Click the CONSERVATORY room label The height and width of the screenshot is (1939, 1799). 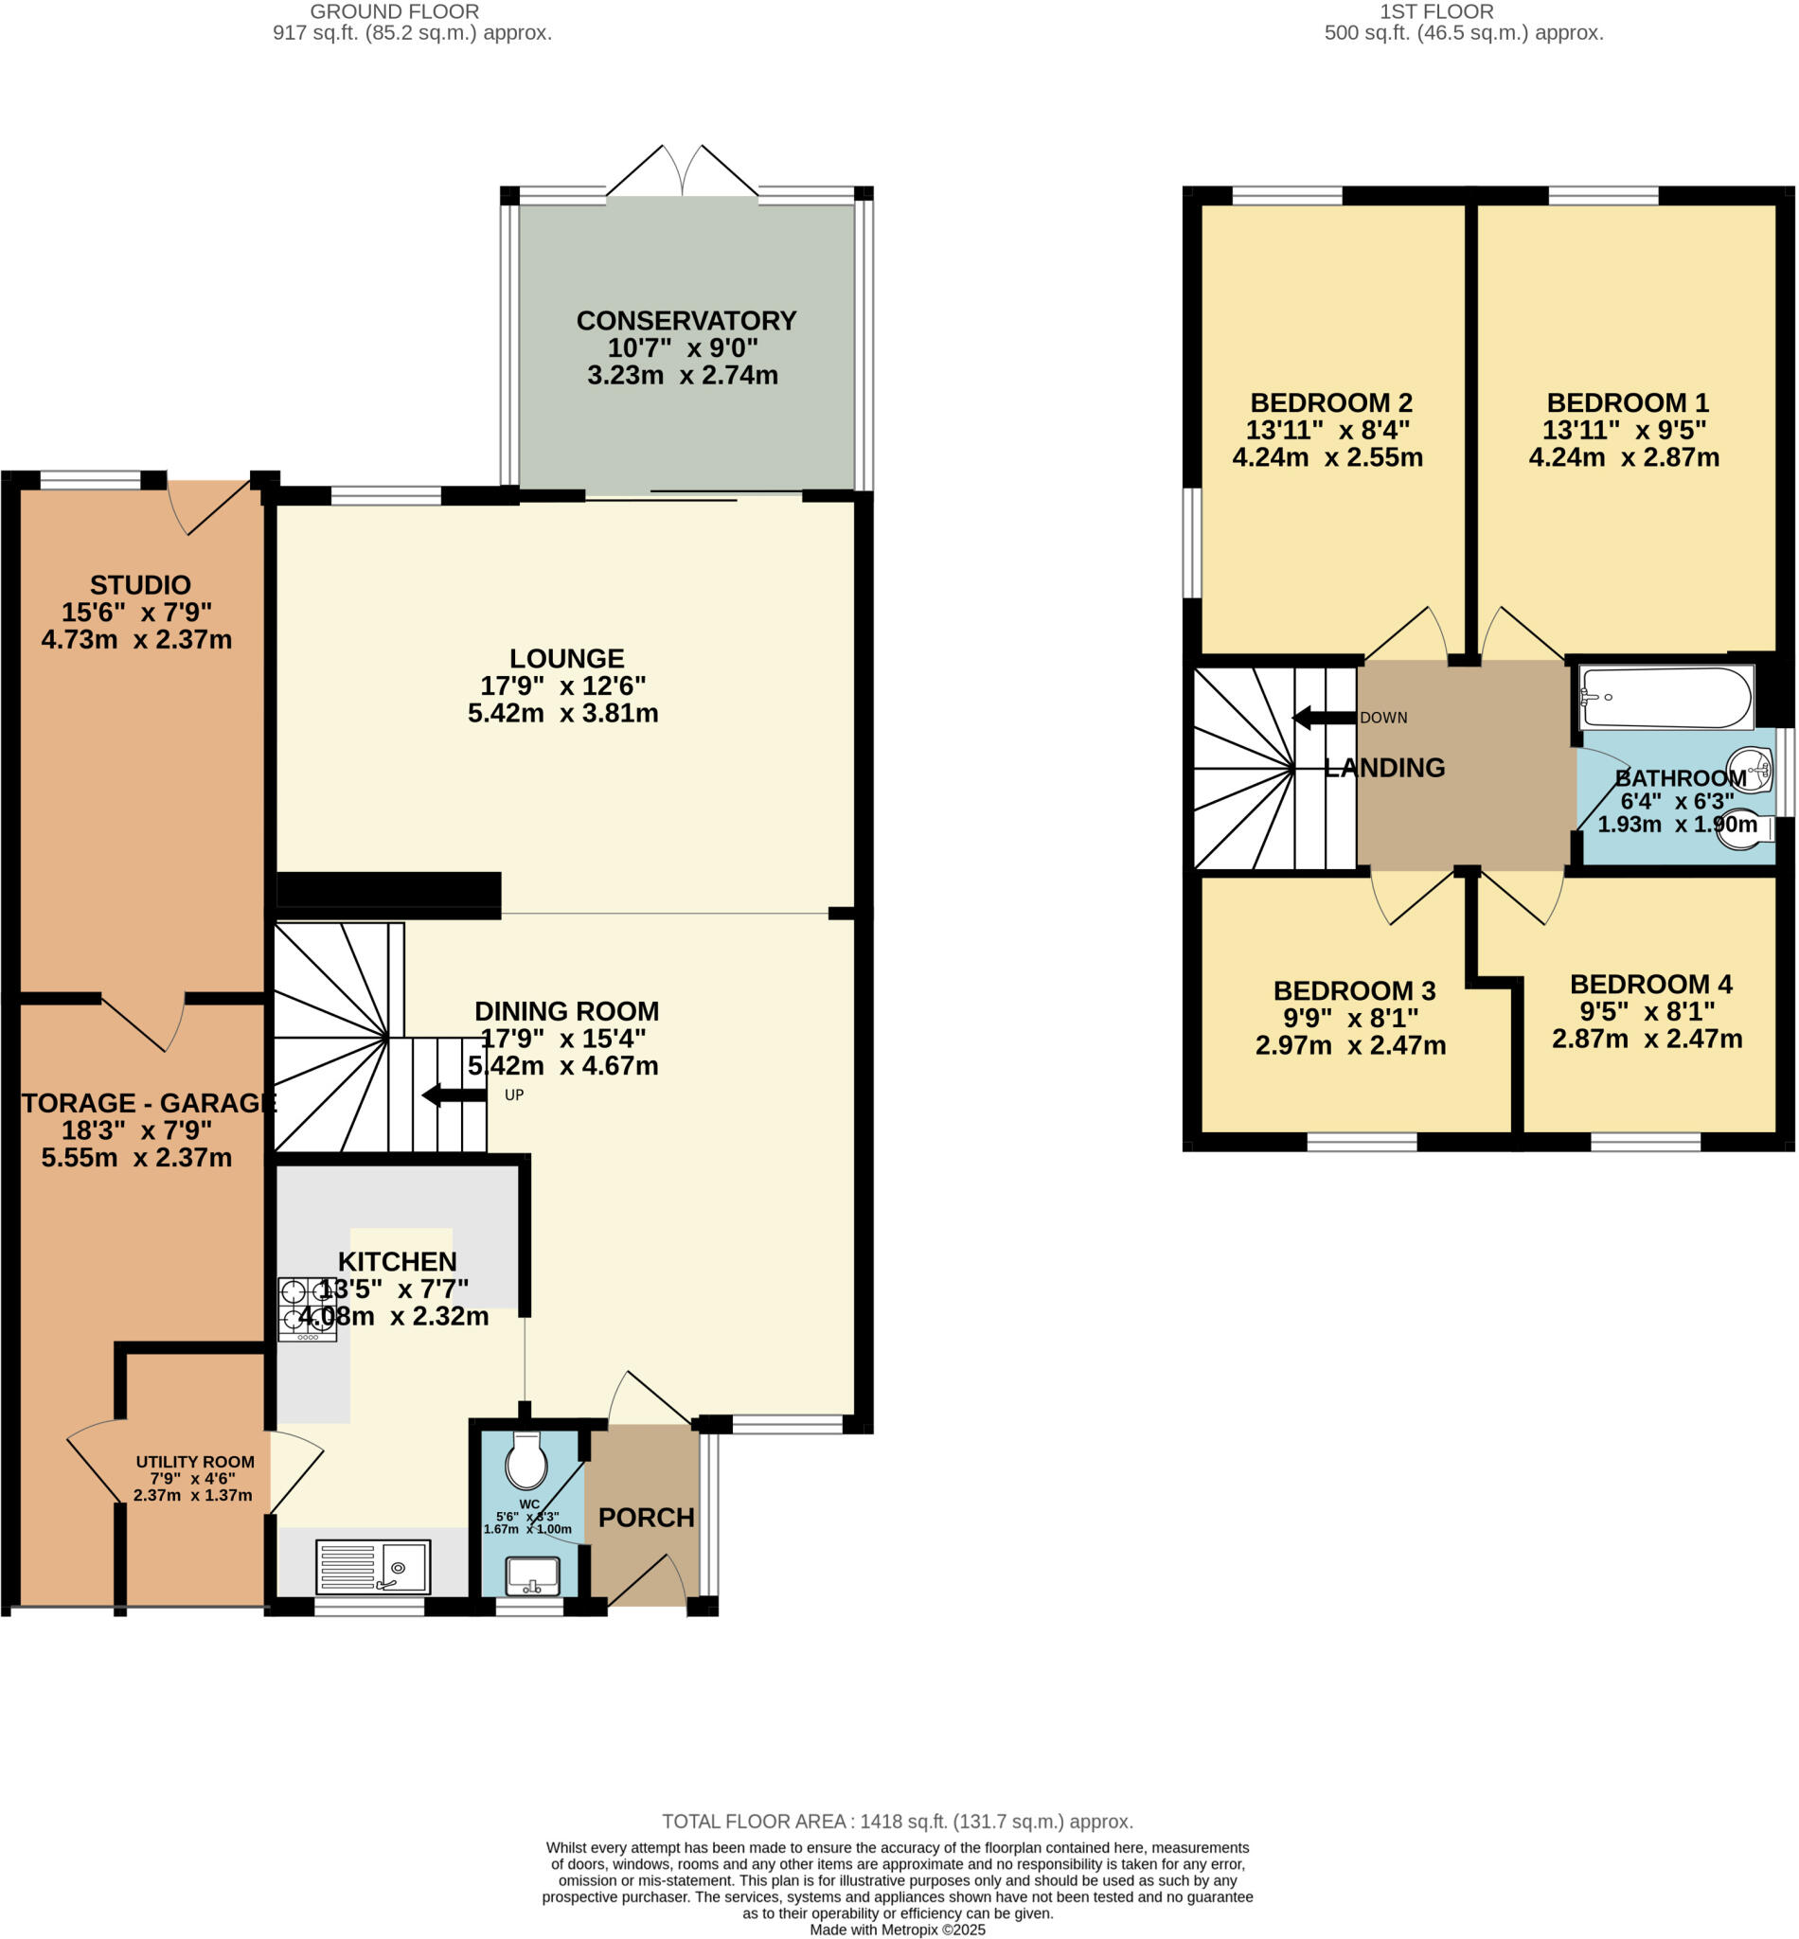686,320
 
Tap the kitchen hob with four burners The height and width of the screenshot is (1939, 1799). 307,1308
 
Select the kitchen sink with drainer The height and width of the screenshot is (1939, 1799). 373,1566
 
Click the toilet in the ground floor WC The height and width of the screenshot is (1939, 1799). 526,1460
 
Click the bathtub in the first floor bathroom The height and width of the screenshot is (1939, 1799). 1665,697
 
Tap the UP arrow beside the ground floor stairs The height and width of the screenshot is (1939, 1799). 454,1095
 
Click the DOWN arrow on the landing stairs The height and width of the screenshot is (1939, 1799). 1324,719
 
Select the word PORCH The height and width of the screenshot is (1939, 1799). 647,1518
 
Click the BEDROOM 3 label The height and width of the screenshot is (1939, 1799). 1354,991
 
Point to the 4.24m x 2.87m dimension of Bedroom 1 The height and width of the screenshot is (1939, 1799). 1624,457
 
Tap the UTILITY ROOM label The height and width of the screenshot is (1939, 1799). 195,1462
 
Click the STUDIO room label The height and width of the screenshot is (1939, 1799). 140,585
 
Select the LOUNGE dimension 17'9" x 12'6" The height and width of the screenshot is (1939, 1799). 562,685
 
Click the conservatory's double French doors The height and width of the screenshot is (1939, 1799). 683,173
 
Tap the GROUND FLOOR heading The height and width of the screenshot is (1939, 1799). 394,11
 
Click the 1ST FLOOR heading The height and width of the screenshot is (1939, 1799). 1436,11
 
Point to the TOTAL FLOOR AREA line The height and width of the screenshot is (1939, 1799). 898,1822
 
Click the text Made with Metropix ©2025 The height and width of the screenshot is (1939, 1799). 898,1930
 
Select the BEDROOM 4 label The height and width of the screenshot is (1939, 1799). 1651,984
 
